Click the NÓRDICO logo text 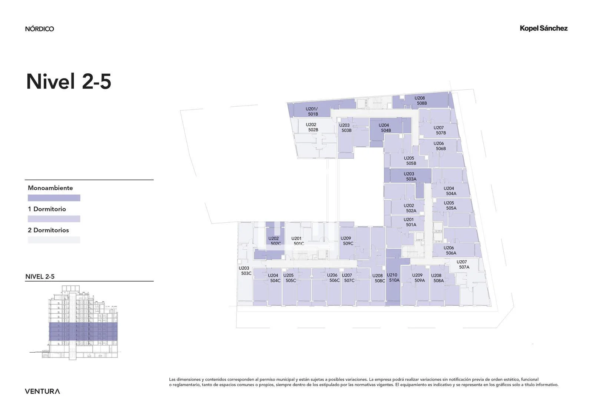(39, 29)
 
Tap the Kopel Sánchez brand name (543, 28)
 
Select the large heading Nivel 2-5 (69, 81)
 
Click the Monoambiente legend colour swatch (54, 198)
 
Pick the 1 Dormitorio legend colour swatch (54, 219)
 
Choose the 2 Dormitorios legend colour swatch (54, 240)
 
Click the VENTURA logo (42, 391)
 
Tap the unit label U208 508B (421, 100)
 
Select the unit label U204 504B (385, 127)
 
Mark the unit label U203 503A (410, 176)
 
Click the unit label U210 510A (393, 277)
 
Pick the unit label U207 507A (463, 265)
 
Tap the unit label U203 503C (245, 270)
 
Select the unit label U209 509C (347, 241)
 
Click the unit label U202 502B (312, 127)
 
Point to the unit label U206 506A (450, 250)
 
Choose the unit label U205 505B (410, 161)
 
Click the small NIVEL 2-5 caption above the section (40, 277)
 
